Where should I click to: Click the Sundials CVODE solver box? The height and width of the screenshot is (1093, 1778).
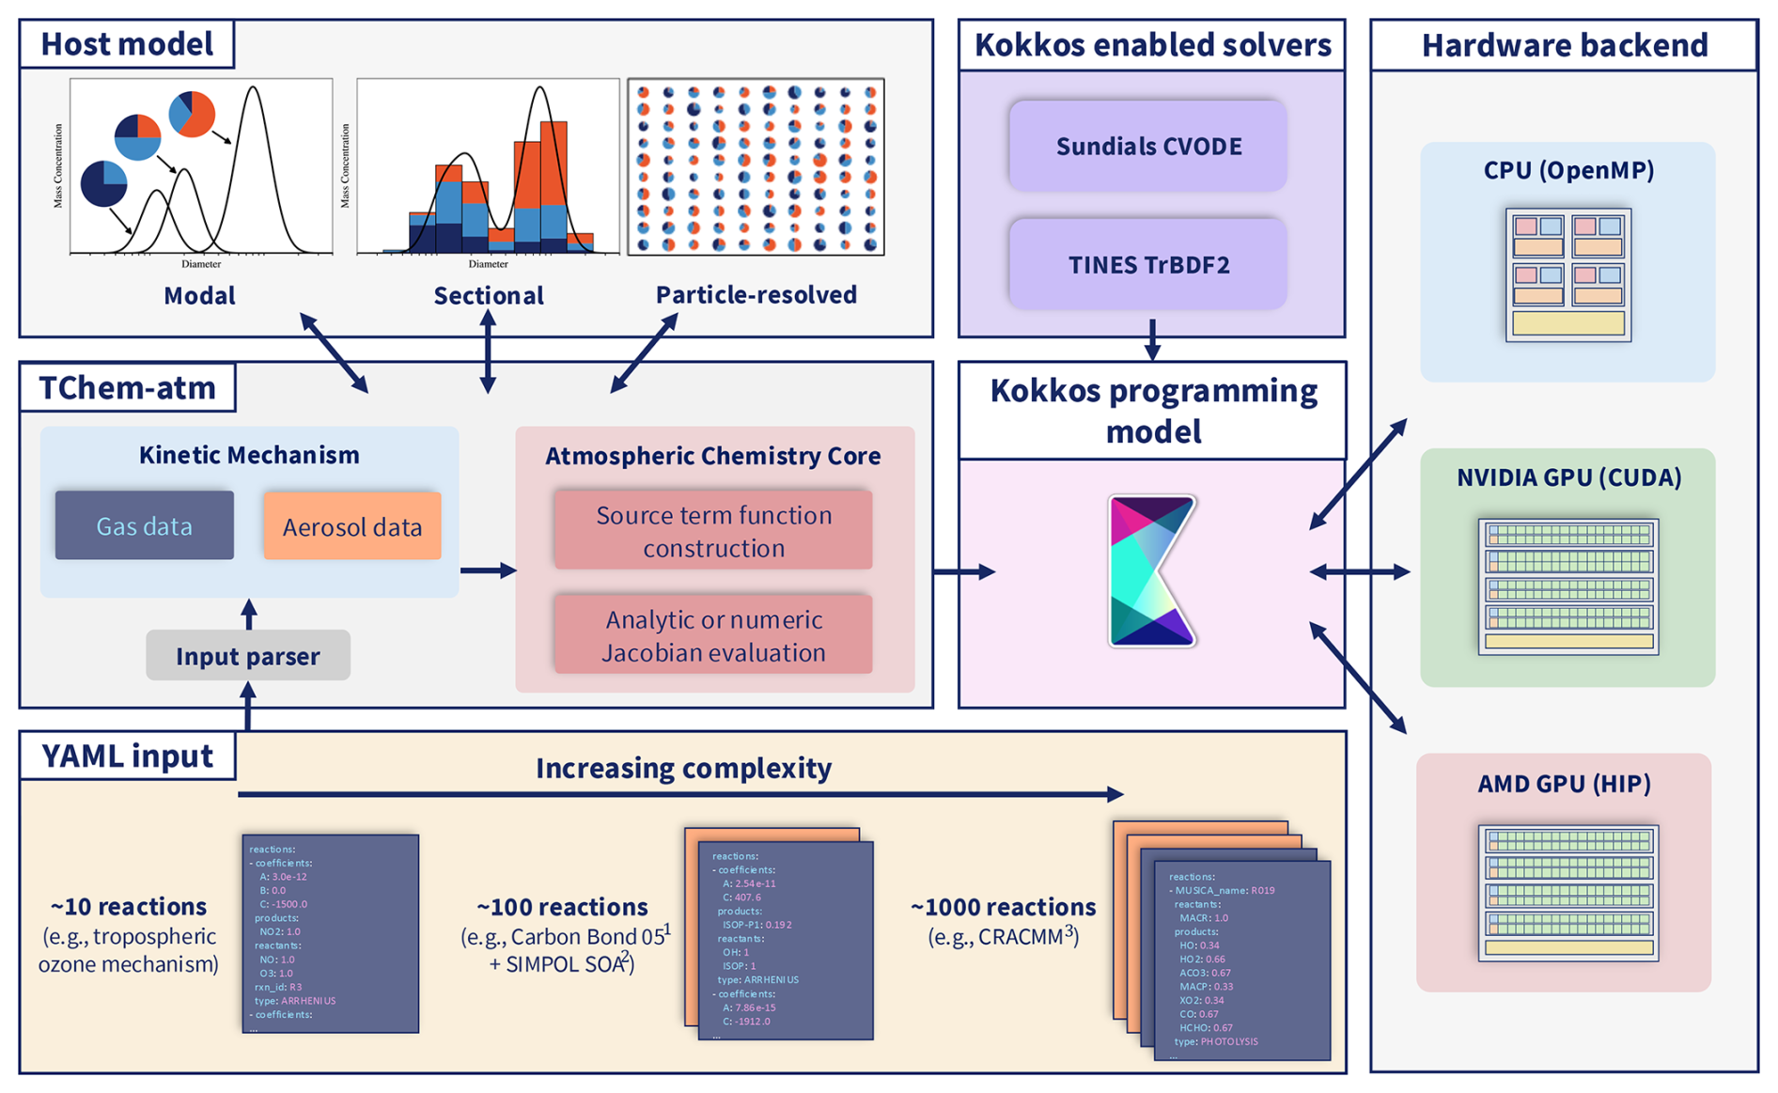[1147, 147]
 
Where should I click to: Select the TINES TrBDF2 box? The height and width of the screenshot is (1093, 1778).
[1147, 265]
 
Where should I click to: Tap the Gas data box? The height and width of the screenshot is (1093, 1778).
[144, 525]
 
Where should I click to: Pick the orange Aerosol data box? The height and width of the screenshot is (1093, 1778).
[351, 526]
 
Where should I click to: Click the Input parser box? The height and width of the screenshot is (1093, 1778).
[248, 656]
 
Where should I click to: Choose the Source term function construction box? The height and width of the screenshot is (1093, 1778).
[713, 531]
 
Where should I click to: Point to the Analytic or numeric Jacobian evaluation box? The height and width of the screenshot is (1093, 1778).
[713, 635]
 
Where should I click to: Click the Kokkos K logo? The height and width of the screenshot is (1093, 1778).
[1151, 571]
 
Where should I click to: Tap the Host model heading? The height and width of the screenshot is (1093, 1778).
[127, 44]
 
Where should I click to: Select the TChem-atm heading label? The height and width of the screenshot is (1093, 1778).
[127, 387]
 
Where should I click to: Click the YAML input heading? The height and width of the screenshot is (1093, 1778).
[127, 756]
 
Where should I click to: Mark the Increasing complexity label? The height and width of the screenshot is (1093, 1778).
[683, 768]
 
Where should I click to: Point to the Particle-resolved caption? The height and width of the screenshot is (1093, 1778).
[756, 295]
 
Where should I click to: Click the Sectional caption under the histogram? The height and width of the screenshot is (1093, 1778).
[488, 296]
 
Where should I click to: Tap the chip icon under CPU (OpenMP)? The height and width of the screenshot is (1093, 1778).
[1567, 274]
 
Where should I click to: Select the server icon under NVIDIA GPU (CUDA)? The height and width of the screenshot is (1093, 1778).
[1567, 586]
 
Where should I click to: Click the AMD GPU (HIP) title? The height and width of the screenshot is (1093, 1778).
[1564, 784]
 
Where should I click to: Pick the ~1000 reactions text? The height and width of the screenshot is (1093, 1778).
[1003, 907]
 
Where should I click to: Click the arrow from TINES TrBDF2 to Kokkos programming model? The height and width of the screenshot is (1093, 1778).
[1152, 339]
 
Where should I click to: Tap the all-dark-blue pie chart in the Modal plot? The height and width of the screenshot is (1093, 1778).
[103, 183]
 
